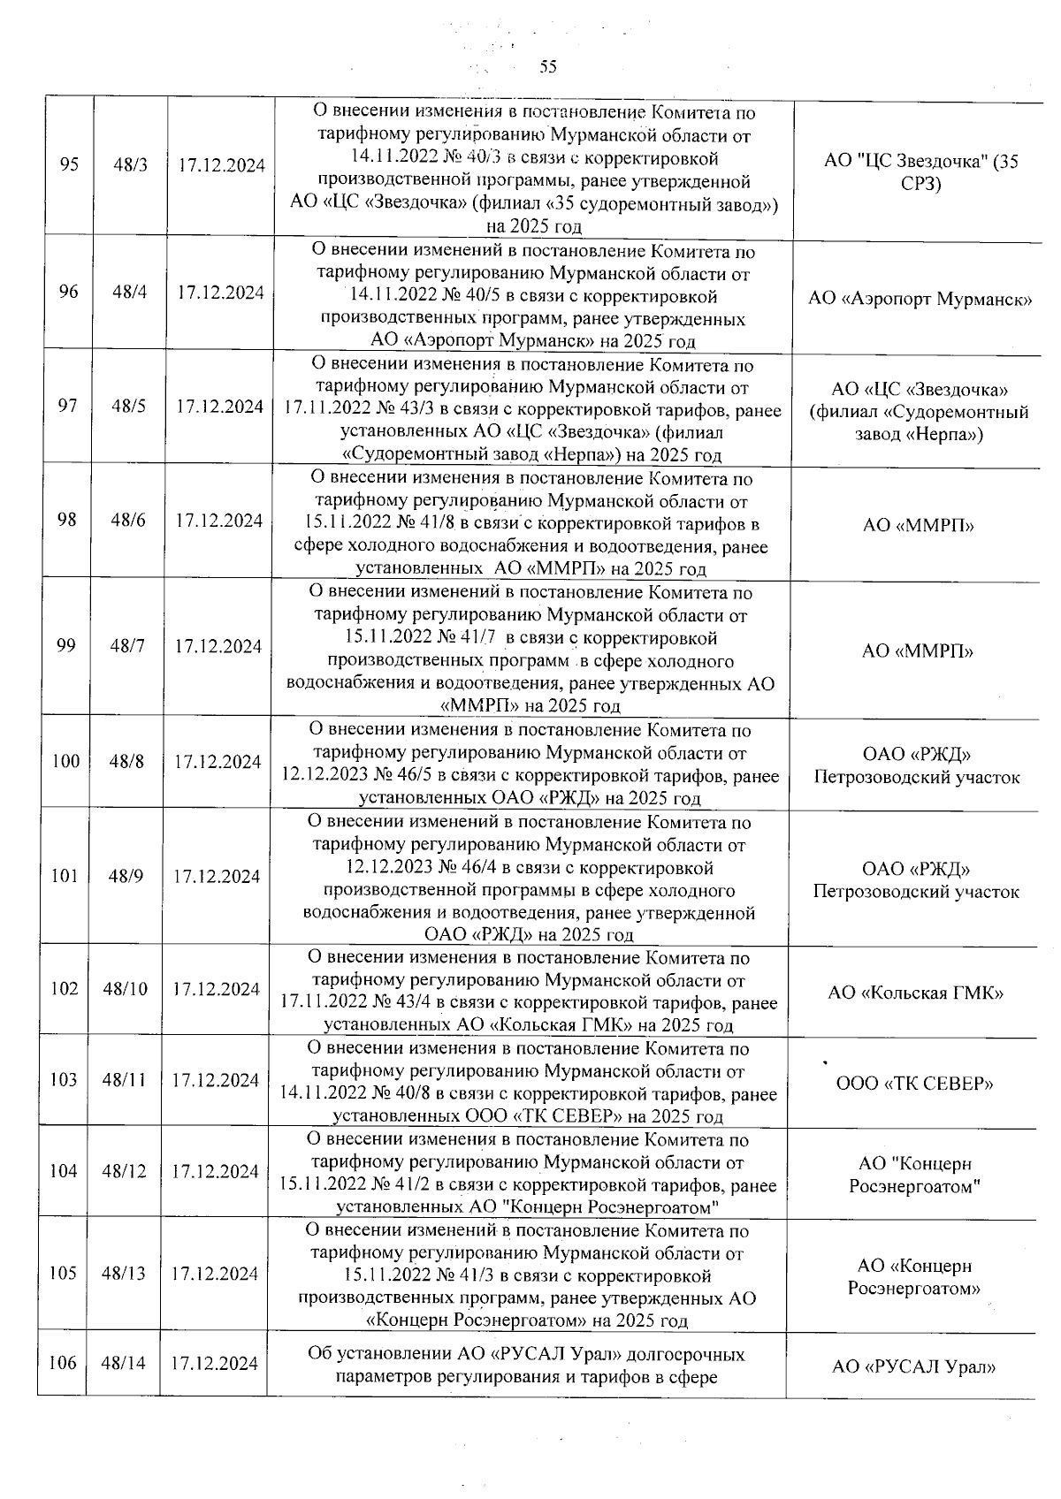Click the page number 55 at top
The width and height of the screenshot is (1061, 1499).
coord(548,67)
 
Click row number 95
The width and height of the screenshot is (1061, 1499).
coord(69,165)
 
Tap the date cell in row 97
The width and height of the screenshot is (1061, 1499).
coord(219,407)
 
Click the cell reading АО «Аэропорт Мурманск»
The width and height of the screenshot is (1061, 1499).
coord(920,298)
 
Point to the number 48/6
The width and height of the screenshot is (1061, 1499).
coord(128,520)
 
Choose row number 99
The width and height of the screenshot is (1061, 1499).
coord(66,645)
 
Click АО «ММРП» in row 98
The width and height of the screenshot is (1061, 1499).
coord(918,525)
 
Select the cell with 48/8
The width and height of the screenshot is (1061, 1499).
coord(126,761)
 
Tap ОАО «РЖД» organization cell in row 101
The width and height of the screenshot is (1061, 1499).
coord(916,880)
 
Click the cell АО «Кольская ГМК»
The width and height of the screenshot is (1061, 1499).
coord(915,993)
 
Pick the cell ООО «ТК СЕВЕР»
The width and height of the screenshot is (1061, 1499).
coord(914,1084)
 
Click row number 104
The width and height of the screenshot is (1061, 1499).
coord(64,1171)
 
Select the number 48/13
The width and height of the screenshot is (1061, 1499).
coord(123,1273)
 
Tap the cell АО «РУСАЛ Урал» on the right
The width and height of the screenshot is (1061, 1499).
coord(913,1367)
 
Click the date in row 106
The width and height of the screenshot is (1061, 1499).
coord(214,1363)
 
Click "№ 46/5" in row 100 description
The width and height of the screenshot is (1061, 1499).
coord(403,776)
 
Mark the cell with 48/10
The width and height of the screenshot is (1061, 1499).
coord(125,989)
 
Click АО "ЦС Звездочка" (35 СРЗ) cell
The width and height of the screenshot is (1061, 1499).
coord(920,172)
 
